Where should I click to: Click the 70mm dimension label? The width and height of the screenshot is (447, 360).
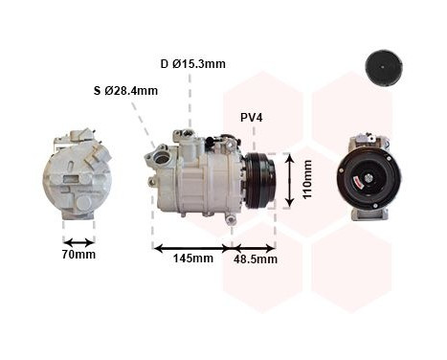click(78, 255)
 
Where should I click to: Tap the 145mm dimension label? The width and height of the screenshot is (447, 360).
click(192, 259)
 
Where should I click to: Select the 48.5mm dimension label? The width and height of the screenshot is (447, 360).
click(255, 259)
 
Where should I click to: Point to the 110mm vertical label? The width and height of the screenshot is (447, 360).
click(307, 179)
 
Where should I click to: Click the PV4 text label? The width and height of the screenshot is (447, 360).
click(252, 118)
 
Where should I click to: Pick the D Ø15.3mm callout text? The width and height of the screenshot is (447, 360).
click(192, 64)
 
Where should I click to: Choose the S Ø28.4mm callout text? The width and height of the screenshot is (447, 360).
click(125, 91)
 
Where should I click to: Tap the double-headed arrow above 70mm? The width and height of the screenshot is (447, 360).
click(78, 241)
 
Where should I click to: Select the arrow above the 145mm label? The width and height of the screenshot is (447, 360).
click(192, 246)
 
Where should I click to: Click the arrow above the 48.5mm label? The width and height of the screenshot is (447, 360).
click(254, 246)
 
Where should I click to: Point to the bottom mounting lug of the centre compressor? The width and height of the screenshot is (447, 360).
click(230, 219)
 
